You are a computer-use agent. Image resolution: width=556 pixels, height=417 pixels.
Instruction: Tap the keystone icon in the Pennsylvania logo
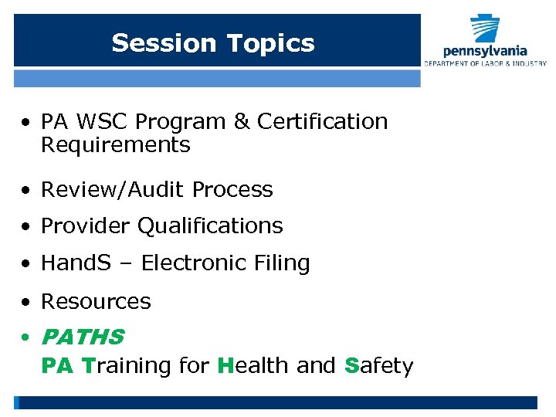pos(486,30)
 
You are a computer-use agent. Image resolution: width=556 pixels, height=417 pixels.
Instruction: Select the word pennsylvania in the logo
pos(485,52)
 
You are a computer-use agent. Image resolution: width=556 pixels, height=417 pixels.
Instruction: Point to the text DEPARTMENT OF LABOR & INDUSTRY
pos(485,63)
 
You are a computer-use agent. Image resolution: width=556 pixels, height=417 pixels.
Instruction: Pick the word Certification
pos(322,122)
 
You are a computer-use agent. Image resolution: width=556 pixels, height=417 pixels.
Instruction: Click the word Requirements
pos(115,145)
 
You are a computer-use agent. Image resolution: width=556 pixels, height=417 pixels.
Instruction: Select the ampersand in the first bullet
pos(242,122)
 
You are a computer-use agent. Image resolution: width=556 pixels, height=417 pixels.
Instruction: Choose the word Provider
pos(86,226)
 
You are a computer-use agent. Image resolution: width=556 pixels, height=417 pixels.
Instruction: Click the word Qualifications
pos(210,226)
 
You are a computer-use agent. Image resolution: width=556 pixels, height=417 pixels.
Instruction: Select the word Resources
pos(96,301)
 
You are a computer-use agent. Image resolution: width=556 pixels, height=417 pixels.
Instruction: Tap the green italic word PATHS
pos(82,337)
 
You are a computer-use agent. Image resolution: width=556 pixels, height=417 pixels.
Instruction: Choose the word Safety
pos(379,365)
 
